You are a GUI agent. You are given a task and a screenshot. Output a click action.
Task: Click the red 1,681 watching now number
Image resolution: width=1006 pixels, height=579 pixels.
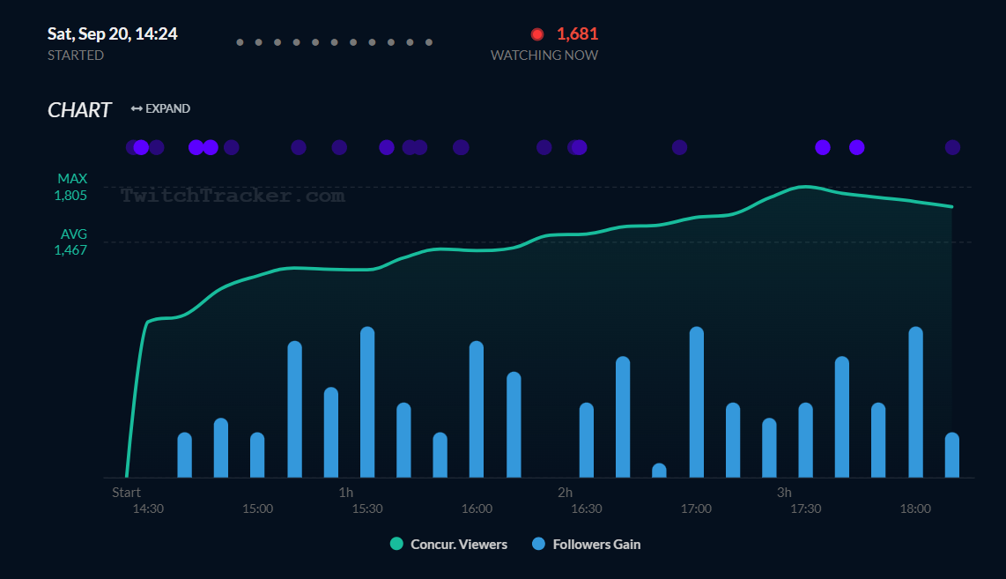coord(577,34)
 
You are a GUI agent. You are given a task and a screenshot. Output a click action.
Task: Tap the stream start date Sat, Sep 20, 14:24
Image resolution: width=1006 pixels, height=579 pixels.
coord(112,34)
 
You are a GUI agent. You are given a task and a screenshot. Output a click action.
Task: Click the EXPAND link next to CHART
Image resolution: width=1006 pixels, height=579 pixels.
coord(160,108)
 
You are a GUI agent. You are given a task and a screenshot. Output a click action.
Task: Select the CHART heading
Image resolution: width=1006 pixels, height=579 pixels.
coord(79,110)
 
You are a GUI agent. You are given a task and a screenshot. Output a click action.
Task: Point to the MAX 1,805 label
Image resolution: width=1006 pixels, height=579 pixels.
coord(71,187)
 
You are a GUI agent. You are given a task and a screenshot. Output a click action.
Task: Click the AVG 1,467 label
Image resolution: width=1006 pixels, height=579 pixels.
coord(71,242)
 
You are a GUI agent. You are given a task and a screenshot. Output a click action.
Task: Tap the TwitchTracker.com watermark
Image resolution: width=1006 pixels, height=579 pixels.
coord(233,196)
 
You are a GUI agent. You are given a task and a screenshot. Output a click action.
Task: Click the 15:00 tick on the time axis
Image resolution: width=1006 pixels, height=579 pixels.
coord(257,508)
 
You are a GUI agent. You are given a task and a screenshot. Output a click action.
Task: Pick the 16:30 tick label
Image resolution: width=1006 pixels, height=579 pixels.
coord(586,508)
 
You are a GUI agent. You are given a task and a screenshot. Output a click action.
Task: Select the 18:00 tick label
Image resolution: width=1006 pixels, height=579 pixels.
coord(915,508)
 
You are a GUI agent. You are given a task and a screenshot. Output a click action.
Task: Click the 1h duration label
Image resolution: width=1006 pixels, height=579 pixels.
coord(345,492)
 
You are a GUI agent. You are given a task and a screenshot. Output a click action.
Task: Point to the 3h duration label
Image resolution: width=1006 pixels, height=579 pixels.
coord(784,492)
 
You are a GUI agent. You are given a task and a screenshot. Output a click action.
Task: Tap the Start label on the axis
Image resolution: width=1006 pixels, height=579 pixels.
coord(126,492)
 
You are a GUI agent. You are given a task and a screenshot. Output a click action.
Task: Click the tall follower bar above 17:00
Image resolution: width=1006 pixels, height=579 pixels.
coord(696,402)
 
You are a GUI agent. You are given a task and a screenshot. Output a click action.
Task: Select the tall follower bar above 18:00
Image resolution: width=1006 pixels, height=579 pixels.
coord(915,402)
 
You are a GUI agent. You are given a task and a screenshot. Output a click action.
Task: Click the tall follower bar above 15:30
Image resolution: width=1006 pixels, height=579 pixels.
coord(367,402)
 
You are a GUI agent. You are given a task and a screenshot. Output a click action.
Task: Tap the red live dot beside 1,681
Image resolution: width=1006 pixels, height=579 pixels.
coord(537,34)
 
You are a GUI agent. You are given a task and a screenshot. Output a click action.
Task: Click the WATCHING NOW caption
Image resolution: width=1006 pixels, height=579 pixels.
coord(544,56)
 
